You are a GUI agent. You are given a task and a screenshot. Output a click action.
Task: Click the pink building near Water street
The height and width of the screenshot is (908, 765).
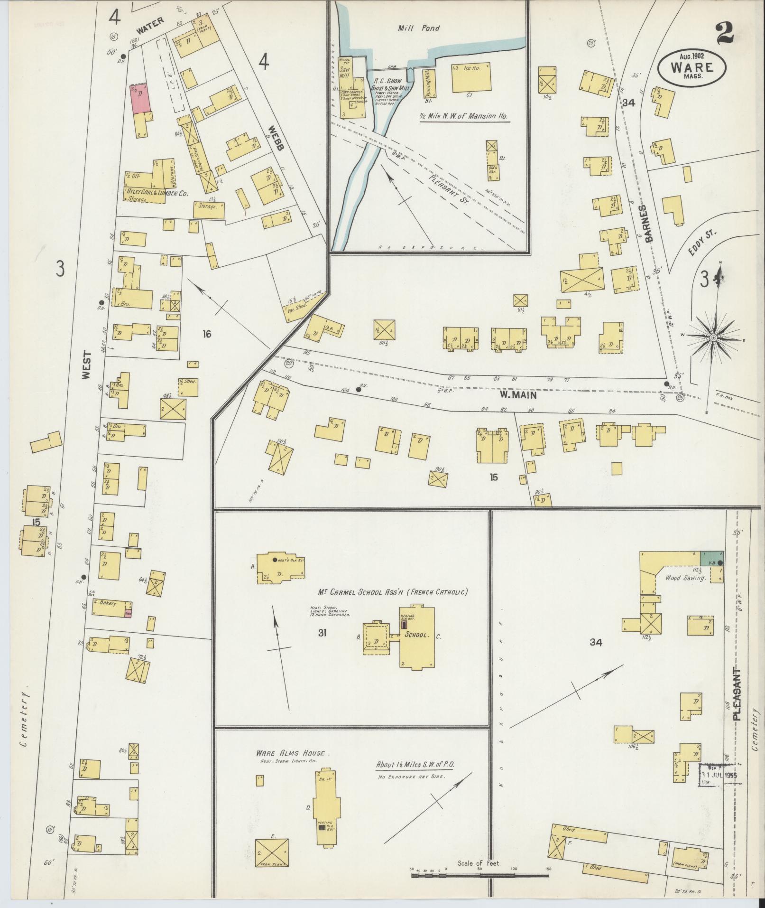pos(140,99)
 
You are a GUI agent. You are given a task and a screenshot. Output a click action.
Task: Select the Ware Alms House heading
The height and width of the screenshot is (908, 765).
pos(290,753)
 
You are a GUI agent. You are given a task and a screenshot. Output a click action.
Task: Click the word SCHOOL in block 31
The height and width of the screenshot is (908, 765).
pos(416,635)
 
